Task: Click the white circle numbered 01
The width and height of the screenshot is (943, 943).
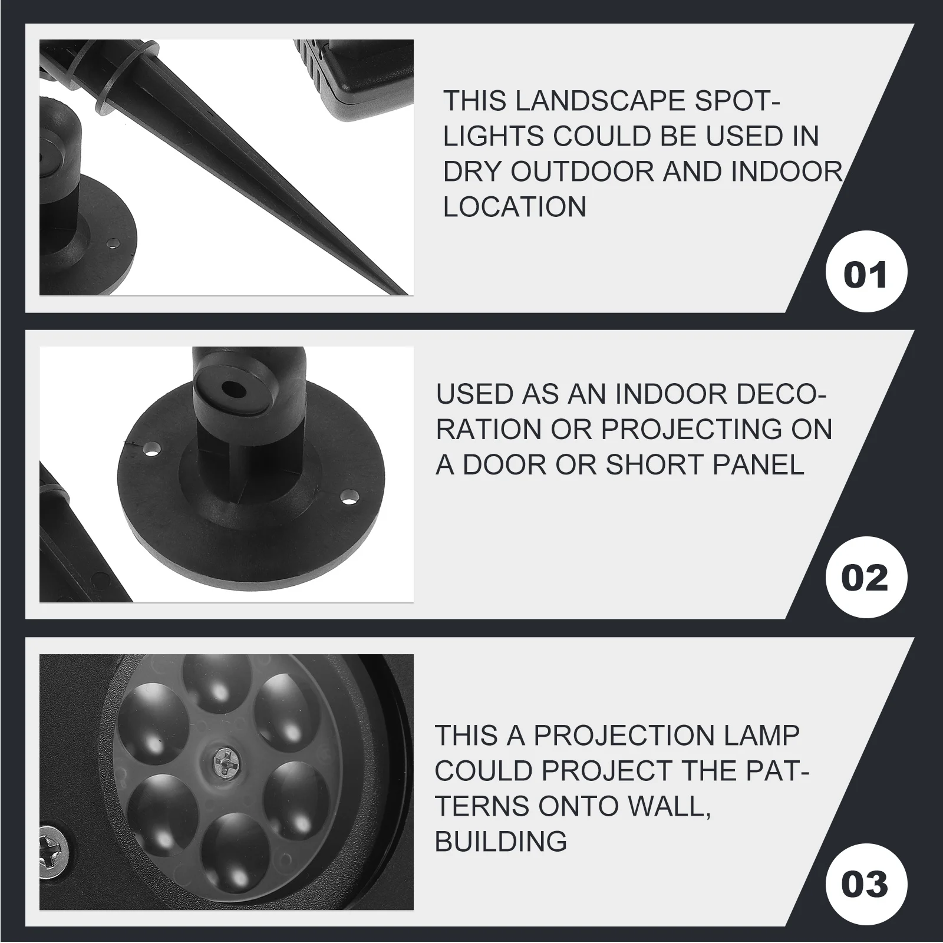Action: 866,275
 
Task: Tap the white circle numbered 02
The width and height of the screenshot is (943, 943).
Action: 866,577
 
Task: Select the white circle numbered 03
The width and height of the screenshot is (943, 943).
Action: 866,885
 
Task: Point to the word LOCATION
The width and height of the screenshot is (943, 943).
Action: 515,207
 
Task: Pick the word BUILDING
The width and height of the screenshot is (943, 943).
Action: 501,841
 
